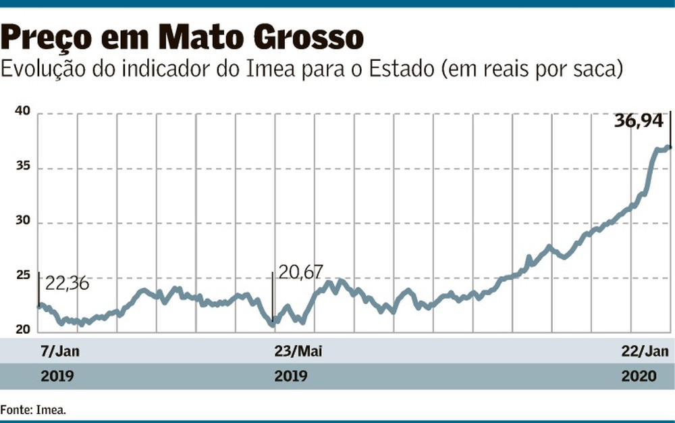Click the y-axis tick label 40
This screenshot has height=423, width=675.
pyautogui.click(x=23, y=111)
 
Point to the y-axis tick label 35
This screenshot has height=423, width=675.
pyautogui.click(x=23, y=166)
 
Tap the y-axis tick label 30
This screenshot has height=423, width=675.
pyautogui.click(x=23, y=220)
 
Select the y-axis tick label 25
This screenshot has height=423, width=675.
pyautogui.click(x=23, y=275)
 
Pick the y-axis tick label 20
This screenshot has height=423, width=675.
pyautogui.click(x=23, y=330)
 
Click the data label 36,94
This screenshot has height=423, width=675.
pyautogui.click(x=639, y=121)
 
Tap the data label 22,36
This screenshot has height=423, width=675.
pyautogui.click(x=67, y=284)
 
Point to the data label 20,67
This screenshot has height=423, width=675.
pyautogui.click(x=300, y=272)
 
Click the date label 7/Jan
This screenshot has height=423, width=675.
pyautogui.click(x=60, y=351)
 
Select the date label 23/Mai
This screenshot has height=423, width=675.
pyautogui.click(x=298, y=351)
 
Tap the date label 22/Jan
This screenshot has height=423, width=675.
pyautogui.click(x=645, y=351)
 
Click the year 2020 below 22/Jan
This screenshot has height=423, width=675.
pyautogui.click(x=639, y=376)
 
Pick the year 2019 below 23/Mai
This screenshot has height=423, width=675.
pyautogui.click(x=291, y=376)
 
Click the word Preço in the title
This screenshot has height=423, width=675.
pyautogui.click(x=46, y=37)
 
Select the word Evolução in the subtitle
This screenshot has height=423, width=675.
pyautogui.click(x=43, y=70)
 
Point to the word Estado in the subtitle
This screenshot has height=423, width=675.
pyautogui.click(x=401, y=70)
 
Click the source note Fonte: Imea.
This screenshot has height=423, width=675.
pyautogui.click(x=33, y=409)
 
